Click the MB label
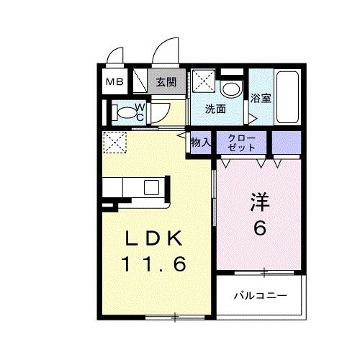pyautogui.click(x=115, y=82)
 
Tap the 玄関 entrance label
pyautogui.click(x=166, y=82)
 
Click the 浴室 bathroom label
pyautogui.click(x=261, y=99)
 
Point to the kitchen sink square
pyautogui.click(x=152, y=188)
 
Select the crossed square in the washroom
pyautogui.click(x=202, y=81)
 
